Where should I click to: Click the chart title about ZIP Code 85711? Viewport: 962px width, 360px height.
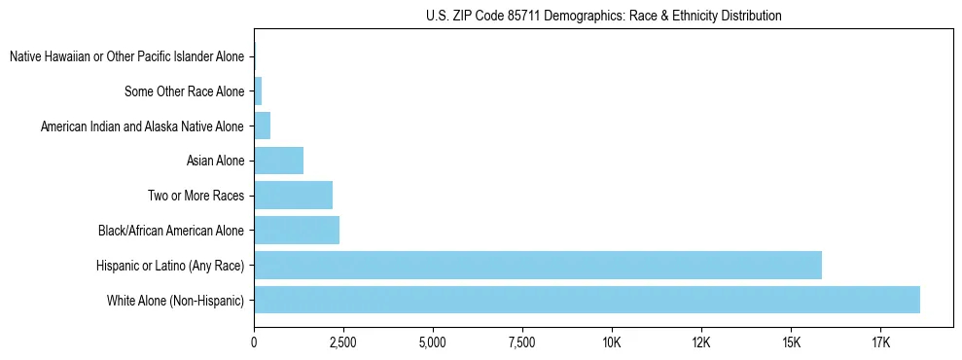coord(603,16)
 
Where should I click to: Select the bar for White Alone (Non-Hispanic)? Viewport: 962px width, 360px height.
coord(587,300)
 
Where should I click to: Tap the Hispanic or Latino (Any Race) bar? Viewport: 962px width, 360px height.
coord(537,265)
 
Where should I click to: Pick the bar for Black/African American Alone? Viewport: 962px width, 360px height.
coord(297,231)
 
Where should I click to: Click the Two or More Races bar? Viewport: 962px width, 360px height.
coord(293,196)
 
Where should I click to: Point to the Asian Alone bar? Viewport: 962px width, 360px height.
coord(278,161)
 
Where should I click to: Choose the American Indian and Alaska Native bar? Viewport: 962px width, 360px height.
coord(262,126)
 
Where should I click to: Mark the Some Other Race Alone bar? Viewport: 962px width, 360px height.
coord(258,91)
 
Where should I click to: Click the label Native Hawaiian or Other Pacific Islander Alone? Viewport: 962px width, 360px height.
coord(127,57)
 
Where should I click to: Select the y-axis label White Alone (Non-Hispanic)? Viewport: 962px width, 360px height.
coord(175,301)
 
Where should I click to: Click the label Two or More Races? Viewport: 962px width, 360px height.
coord(196,197)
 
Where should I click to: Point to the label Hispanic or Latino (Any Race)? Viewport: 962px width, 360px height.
coord(169,266)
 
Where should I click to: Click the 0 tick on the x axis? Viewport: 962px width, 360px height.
coord(254,343)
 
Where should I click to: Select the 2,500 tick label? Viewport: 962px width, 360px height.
coord(343,343)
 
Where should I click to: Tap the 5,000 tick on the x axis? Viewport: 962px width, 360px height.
coord(433,343)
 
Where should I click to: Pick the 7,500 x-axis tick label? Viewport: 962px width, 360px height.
coord(522,343)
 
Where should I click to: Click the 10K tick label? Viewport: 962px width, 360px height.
coord(612,343)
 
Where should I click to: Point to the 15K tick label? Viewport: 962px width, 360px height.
coord(791,343)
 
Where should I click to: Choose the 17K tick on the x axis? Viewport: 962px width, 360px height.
coord(880,343)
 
